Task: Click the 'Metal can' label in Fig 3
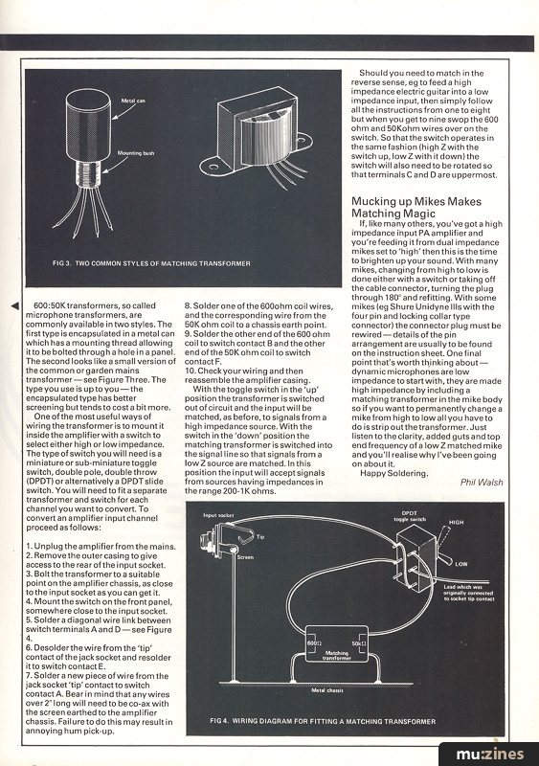pyautogui.click(x=133, y=101)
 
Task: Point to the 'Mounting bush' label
pyautogui.click(x=136, y=153)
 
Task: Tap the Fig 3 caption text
pyautogui.click(x=151, y=263)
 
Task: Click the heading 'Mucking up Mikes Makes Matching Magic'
pyautogui.click(x=416, y=207)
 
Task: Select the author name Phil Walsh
pyautogui.click(x=482, y=483)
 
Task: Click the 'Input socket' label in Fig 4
pyautogui.click(x=218, y=515)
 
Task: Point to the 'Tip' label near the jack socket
pyautogui.click(x=260, y=536)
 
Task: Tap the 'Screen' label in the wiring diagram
pyautogui.click(x=245, y=557)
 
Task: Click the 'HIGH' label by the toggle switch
pyautogui.click(x=457, y=522)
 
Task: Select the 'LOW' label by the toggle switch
pyautogui.click(x=461, y=564)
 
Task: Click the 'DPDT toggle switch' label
pyautogui.click(x=409, y=516)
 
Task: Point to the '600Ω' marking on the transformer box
pyautogui.click(x=313, y=642)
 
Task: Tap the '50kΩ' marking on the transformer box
pyautogui.click(x=359, y=642)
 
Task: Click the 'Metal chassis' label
pyautogui.click(x=327, y=690)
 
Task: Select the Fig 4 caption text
pyautogui.click(x=323, y=721)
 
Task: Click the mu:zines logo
pyautogui.click(x=489, y=755)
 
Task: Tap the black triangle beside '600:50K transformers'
pyautogui.click(x=15, y=305)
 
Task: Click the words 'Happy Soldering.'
pyautogui.click(x=393, y=473)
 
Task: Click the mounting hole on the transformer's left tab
pyautogui.click(x=213, y=168)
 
